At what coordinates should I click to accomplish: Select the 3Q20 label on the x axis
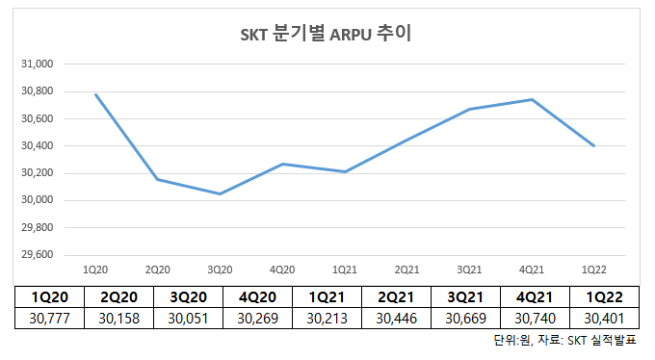(220, 269)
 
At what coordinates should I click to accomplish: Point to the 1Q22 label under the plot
(593, 269)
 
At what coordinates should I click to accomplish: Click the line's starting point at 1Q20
(95, 94)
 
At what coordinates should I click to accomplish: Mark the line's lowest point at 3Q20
(220, 193)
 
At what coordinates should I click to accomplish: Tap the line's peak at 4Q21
(532, 99)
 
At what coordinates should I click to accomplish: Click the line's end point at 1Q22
(593, 145)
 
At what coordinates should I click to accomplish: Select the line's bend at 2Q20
(158, 179)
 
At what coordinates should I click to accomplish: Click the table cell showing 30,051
(187, 318)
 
